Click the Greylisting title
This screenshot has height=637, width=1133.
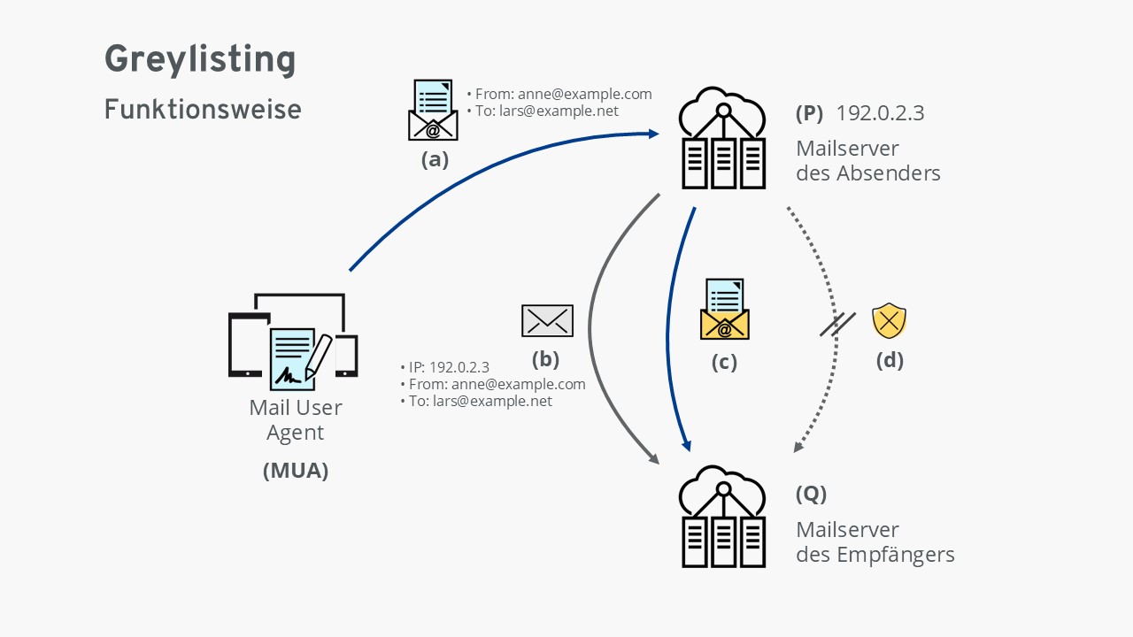tap(200, 60)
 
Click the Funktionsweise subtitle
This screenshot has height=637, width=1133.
tap(203, 110)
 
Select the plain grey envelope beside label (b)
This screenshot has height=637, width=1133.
tap(547, 320)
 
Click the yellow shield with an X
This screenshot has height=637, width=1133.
tap(889, 321)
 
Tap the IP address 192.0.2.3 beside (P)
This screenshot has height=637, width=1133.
tap(880, 113)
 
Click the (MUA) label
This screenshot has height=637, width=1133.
tap(296, 472)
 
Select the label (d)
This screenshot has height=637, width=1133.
tap(889, 360)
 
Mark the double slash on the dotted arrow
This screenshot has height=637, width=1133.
tap(836, 324)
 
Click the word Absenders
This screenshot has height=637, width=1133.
tap(891, 173)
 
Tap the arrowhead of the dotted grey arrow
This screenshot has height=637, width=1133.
tap(798, 447)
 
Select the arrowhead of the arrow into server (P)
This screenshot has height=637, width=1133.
tap(653, 134)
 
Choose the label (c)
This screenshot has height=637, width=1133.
tap(724, 363)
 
